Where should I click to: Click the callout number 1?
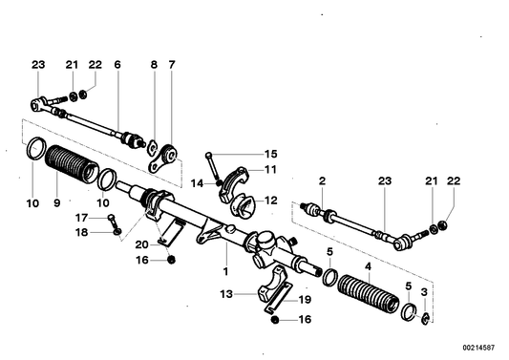225,270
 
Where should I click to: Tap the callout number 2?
322,180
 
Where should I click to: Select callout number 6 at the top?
117,65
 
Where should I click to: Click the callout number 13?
226,296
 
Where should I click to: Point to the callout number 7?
172,65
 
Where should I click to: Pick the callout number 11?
270,169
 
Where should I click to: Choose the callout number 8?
153,65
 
